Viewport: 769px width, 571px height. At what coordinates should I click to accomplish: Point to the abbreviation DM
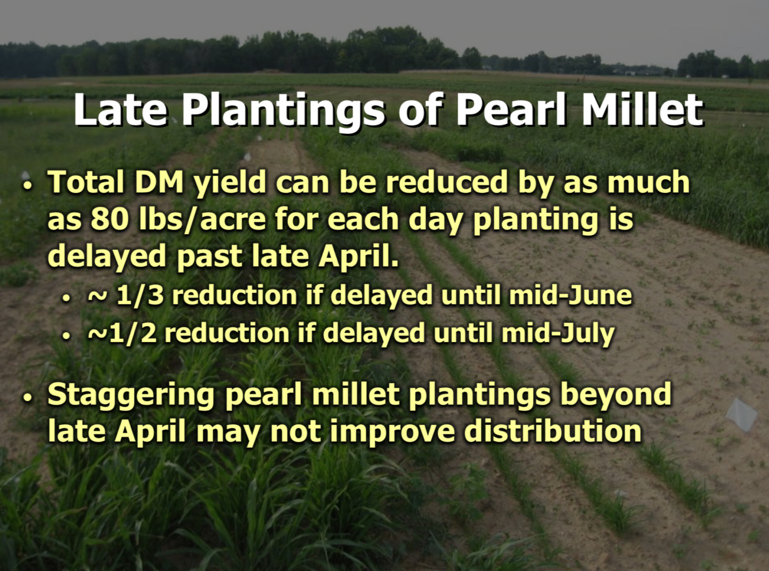pos(159,182)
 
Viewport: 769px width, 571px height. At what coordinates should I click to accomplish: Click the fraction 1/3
pos(140,295)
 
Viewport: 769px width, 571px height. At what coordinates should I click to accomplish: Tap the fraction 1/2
pos(133,333)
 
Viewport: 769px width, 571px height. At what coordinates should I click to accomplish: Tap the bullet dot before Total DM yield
pos(28,187)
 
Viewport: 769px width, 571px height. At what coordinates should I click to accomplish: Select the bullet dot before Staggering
pos(28,398)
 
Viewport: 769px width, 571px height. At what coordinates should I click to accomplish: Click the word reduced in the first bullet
pos(447,182)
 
